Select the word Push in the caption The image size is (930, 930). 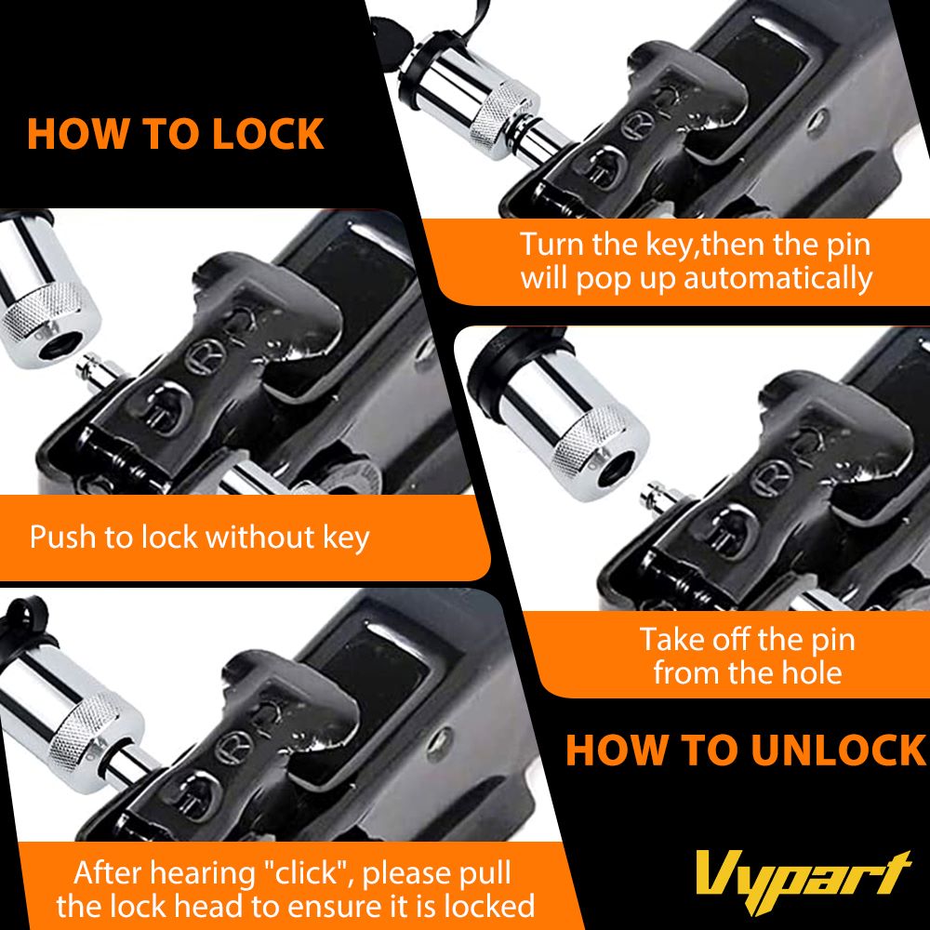click(x=62, y=537)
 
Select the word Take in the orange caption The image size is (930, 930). click(x=672, y=640)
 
